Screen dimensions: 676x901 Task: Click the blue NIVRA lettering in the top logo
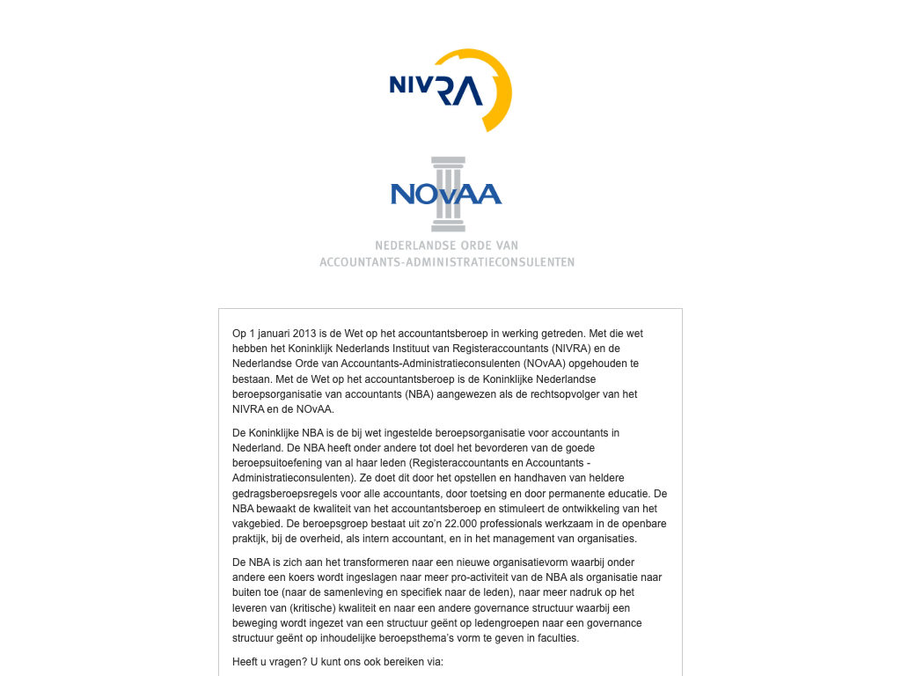(x=424, y=86)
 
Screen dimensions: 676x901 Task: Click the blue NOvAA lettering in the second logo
(x=446, y=194)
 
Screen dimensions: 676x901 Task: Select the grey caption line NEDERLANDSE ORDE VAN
(x=447, y=245)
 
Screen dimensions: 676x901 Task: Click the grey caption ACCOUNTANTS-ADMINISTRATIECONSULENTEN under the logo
(x=447, y=262)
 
